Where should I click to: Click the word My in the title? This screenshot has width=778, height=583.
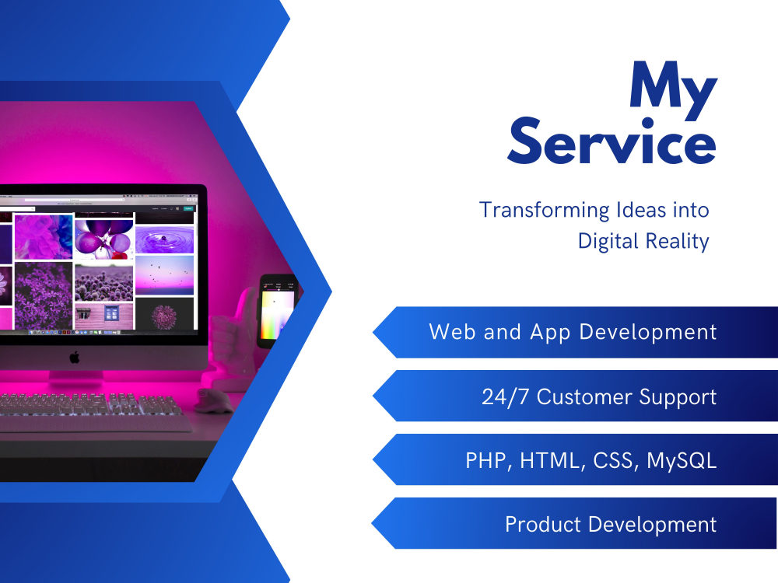click(673, 87)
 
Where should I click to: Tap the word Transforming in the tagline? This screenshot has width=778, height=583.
click(534, 210)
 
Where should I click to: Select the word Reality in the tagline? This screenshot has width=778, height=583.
click(677, 242)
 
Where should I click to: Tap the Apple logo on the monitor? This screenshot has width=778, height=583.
click(75, 357)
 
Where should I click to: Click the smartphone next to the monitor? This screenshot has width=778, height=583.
click(278, 309)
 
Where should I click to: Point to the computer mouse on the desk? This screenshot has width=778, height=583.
click(213, 400)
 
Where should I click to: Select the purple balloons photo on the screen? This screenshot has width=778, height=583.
click(103, 236)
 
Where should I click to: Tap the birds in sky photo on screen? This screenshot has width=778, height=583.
click(164, 275)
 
